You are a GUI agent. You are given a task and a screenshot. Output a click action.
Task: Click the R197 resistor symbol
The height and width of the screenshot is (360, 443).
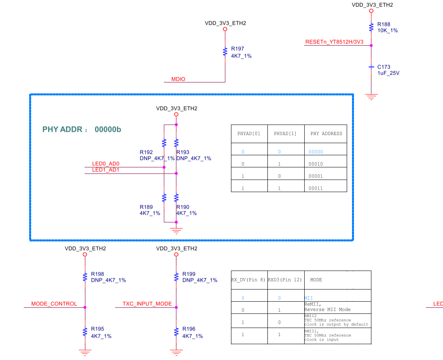(225, 52)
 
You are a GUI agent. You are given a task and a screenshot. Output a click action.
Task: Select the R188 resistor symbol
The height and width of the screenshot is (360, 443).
(371, 28)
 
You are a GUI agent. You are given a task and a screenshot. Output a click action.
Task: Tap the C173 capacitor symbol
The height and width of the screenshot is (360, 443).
(371, 67)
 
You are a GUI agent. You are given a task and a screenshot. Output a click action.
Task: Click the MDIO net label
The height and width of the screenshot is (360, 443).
(178, 79)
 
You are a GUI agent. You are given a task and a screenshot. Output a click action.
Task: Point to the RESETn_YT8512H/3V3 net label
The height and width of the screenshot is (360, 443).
(334, 42)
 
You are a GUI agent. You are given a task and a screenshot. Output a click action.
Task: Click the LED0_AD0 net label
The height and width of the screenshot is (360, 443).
(106, 164)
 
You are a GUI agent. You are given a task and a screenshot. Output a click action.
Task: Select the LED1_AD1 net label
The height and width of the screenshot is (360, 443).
(106, 170)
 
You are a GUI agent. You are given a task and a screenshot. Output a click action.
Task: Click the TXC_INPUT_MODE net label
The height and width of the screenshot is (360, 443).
(147, 304)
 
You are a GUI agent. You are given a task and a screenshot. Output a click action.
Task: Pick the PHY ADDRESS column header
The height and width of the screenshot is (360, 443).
(326, 133)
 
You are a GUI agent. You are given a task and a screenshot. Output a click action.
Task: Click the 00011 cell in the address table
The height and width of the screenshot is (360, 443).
(315, 188)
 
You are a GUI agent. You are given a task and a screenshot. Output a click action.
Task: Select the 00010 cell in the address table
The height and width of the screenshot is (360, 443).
(315, 164)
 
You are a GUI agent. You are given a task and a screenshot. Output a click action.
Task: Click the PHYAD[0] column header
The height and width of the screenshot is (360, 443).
(249, 133)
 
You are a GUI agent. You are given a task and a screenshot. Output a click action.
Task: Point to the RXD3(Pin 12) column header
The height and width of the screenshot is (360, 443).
(285, 280)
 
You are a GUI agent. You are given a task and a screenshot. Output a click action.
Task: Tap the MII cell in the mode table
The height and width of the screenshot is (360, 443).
(308, 298)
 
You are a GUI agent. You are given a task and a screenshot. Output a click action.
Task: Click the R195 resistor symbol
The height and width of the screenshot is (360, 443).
(85, 332)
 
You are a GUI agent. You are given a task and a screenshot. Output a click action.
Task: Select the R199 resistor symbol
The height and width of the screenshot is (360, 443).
(176, 277)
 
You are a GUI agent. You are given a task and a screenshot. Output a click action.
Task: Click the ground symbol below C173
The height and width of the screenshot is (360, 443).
(371, 96)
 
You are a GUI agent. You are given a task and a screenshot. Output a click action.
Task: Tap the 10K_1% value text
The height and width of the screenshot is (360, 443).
(387, 31)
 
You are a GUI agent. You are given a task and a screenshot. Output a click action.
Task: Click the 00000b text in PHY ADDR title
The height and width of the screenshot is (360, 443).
(108, 129)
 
